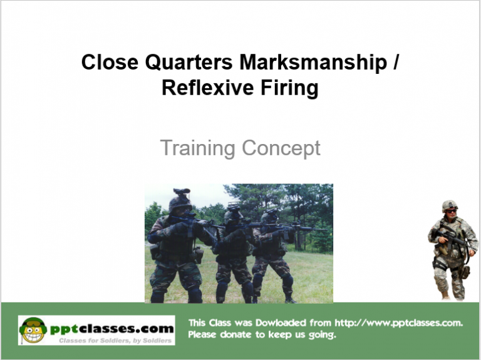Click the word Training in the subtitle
[198, 148]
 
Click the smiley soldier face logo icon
[33, 329]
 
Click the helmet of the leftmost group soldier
[180, 199]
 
